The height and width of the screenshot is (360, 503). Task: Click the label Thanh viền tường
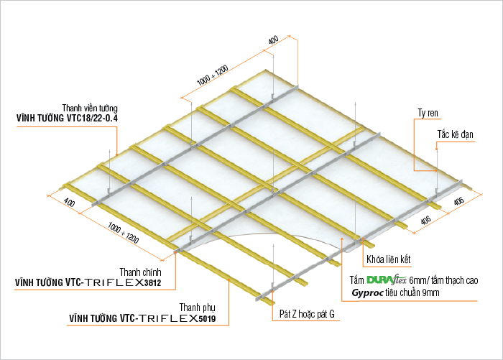pyautogui.click(x=90, y=108)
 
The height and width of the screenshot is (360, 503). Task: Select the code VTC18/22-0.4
pyautogui.click(x=93, y=118)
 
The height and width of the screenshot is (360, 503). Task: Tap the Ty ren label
pyautogui.click(x=428, y=114)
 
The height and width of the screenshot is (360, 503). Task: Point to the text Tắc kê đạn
pyautogui.click(x=455, y=134)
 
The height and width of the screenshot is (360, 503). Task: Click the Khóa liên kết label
pyautogui.click(x=389, y=259)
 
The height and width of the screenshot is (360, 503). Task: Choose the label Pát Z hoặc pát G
pyautogui.click(x=307, y=314)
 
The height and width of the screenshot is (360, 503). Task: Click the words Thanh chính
pyautogui.click(x=141, y=272)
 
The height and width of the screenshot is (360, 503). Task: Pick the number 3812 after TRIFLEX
pyautogui.click(x=152, y=282)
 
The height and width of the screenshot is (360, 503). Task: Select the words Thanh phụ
pyautogui.click(x=198, y=308)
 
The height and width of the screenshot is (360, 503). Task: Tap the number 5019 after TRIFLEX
pyautogui.click(x=207, y=318)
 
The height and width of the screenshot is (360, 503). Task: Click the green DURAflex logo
pyautogui.click(x=387, y=280)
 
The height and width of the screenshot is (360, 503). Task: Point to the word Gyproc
pyautogui.click(x=368, y=293)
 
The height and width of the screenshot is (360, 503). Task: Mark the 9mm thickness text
pyautogui.click(x=431, y=292)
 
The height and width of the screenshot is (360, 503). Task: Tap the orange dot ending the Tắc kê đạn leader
pyautogui.click(x=436, y=149)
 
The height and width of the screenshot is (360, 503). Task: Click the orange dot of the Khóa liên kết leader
pyautogui.click(x=363, y=239)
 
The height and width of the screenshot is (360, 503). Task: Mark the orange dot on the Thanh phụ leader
pyautogui.click(x=229, y=280)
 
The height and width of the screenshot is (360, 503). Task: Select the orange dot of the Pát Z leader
pyautogui.click(x=272, y=291)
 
